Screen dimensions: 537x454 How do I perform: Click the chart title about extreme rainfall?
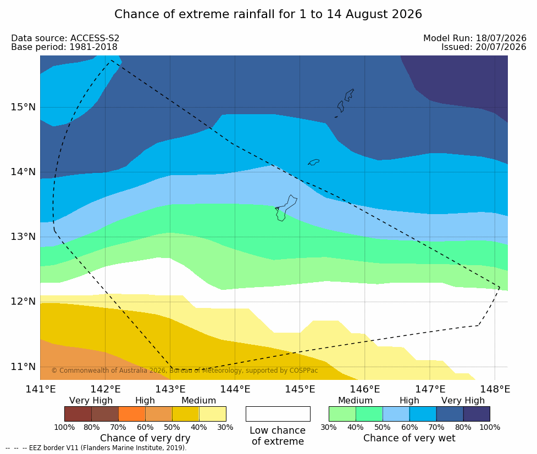pyautogui.click(x=268, y=14)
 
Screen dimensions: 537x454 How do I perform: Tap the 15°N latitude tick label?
pyautogui.click(x=23, y=107)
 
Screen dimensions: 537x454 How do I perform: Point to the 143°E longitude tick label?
pyautogui.click(x=170, y=389)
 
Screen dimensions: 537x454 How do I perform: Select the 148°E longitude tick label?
pyautogui.click(x=495, y=389)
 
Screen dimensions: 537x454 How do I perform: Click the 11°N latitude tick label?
pyautogui.click(x=23, y=367)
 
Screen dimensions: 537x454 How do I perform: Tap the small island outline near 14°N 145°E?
pyautogui.click(x=314, y=162)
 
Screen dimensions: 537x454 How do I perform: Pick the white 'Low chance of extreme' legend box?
pyautogui.click(x=278, y=414)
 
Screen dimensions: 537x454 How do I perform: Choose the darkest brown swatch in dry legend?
pyautogui.click(x=78, y=414)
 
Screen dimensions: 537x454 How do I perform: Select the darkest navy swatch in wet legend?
pyautogui.click(x=477, y=414)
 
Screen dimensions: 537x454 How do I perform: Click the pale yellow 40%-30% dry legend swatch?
pyautogui.click(x=213, y=414)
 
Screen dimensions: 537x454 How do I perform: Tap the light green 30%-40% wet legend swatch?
pyautogui.click(x=342, y=414)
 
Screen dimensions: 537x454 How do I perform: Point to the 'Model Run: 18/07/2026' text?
pyautogui.click(x=475, y=38)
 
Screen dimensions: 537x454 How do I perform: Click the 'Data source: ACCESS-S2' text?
pyautogui.click(x=65, y=38)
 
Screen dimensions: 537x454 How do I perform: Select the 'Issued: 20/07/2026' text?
pyautogui.click(x=484, y=47)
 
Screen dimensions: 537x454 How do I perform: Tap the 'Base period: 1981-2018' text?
pyautogui.click(x=64, y=47)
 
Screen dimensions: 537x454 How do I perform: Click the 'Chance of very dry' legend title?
pyautogui.click(x=145, y=438)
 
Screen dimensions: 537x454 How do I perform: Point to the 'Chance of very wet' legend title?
pyautogui.click(x=409, y=438)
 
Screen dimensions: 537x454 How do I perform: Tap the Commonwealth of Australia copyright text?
pyautogui.click(x=185, y=371)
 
